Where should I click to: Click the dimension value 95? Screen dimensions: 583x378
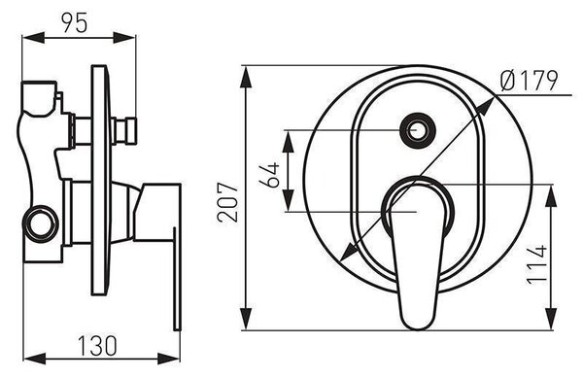[x=75, y=22]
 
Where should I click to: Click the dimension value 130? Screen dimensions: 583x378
[x=97, y=346]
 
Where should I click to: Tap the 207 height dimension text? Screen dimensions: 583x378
[x=227, y=202]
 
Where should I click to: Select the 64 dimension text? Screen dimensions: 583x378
[x=270, y=175]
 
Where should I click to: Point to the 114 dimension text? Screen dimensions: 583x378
[x=537, y=264]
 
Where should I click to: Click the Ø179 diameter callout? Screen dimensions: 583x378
[x=530, y=81]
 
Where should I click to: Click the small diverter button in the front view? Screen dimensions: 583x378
[x=418, y=130]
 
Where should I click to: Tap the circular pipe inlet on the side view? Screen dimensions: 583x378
[x=40, y=223]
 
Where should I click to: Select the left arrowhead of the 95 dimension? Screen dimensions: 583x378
[x=33, y=38]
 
